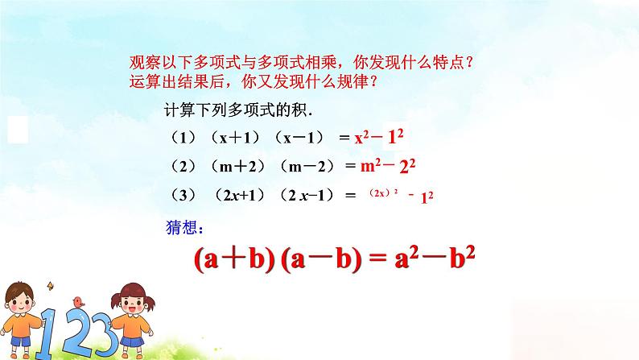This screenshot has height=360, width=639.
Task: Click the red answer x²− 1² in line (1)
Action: pyautogui.click(x=383, y=136)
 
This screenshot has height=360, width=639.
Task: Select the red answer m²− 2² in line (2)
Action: pyautogui.click(x=390, y=166)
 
